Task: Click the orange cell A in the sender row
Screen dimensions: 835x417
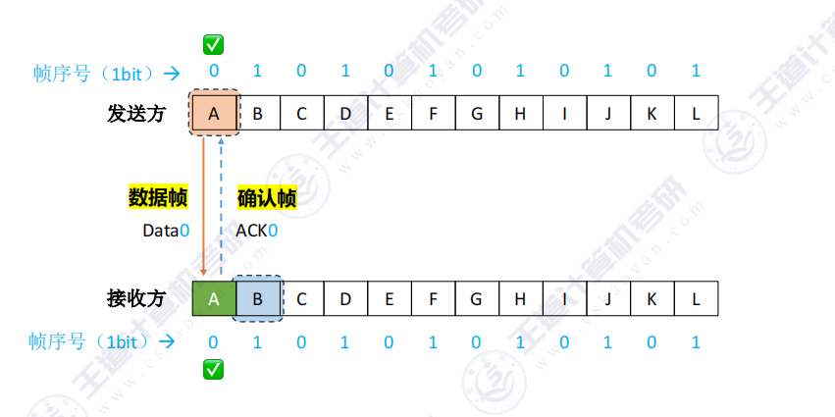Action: [x=214, y=113]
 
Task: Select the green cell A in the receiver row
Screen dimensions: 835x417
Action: [x=214, y=299]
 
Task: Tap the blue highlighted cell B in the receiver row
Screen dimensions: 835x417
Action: [x=258, y=299]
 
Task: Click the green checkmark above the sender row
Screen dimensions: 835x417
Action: [x=214, y=45]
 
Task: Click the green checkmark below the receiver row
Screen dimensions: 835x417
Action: [x=214, y=369]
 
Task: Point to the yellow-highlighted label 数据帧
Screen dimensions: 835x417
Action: [x=158, y=198]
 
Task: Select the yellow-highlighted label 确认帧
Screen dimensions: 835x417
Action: [x=267, y=198]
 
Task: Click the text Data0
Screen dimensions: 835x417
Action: [x=166, y=231]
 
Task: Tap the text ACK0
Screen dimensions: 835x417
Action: [x=257, y=231]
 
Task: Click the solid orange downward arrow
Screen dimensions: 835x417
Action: [x=203, y=206]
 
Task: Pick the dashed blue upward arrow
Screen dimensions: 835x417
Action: [x=221, y=206]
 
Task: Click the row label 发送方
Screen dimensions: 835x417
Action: [x=136, y=114]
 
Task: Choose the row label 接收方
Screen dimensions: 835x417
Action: [x=136, y=299]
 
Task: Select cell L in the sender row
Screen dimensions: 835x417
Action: [x=696, y=113]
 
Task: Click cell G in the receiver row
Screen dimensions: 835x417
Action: [x=477, y=299]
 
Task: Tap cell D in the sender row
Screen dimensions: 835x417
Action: [x=345, y=113]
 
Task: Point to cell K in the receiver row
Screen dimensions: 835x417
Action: [x=652, y=299]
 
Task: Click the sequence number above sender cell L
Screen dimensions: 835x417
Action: [x=696, y=71]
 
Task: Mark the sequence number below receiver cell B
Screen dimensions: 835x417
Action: [x=257, y=341]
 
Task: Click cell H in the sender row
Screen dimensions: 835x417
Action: [x=521, y=113]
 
